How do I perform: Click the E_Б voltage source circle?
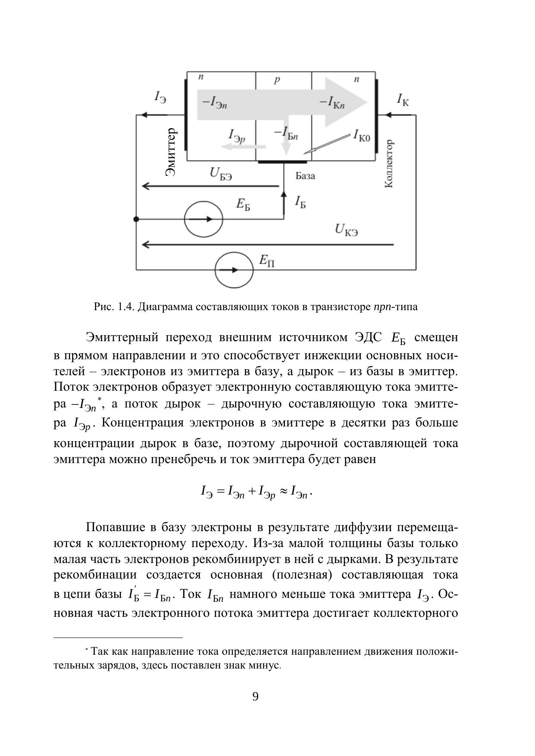pyautogui.click(x=203, y=219)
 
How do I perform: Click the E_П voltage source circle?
pyautogui.click(x=234, y=270)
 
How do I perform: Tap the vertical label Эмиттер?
pyautogui.click(x=171, y=152)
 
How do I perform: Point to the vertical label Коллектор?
pyautogui.click(x=388, y=164)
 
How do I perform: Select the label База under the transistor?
pyautogui.click(x=305, y=176)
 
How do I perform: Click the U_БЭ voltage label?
pyautogui.click(x=221, y=174)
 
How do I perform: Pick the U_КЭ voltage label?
pyautogui.click(x=346, y=230)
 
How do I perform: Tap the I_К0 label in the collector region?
pyautogui.click(x=362, y=136)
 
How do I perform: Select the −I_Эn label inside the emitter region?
pyautogui.click(x=214, y=103)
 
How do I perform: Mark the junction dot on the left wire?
pyautogui.click(x=136, y=219)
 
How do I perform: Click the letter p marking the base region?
pyautogui.click(x=277, y=80)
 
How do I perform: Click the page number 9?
pyautogui.click(x=255, y=697)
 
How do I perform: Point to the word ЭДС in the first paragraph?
pyautogui.click(x=369, y=337)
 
